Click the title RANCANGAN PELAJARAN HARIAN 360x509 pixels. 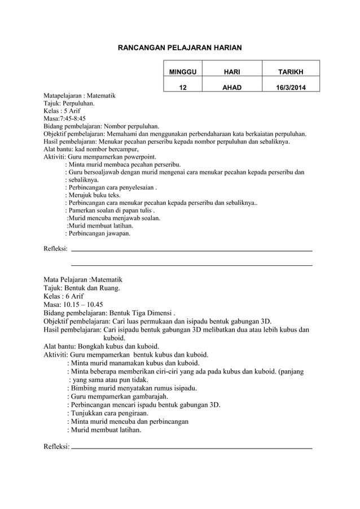pos(179,49)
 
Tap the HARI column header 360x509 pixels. pos(231,72)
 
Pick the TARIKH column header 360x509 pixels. pos(290,72)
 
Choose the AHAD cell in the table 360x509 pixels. pos(231,88)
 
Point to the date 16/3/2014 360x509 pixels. pos(290,88)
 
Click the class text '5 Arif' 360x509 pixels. pos(72,112)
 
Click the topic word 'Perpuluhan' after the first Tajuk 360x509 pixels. pos(78,104)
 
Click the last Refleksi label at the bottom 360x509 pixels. pos(56,447)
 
